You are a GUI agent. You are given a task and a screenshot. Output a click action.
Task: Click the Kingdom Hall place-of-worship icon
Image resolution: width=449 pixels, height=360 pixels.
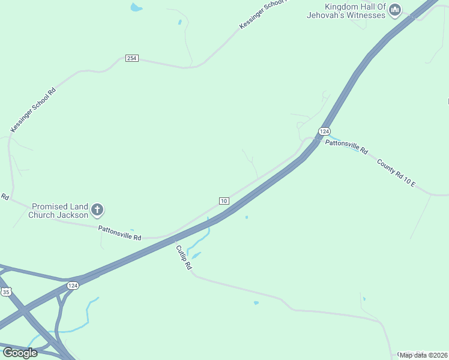[395, 10]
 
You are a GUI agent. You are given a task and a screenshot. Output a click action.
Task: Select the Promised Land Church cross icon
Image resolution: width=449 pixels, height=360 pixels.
[97, 211]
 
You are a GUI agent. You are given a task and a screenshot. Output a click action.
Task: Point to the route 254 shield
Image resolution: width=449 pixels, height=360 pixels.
[132, 58]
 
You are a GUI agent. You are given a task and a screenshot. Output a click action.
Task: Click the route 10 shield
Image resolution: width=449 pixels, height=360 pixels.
[224, 200]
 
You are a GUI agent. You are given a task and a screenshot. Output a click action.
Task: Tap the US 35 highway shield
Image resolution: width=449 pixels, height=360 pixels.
[6, 291]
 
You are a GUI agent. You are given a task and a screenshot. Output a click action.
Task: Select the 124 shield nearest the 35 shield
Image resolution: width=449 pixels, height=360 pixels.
[73, 285]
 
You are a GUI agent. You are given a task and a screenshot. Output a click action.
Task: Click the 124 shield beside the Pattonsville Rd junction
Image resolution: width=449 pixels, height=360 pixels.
[324, 131]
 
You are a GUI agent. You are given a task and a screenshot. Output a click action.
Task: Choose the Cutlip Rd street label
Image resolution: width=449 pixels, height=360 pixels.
[184, 256]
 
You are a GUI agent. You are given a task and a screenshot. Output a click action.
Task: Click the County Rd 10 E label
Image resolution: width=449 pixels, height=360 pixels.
[396, 172]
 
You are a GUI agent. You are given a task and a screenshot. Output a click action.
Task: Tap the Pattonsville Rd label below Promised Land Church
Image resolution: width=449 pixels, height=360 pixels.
[120, 233]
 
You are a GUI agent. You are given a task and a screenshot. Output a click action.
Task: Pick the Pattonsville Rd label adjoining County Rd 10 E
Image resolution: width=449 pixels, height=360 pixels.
[346, 146]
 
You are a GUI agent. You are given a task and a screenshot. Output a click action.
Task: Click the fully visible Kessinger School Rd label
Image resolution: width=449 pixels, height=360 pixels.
[33, 109]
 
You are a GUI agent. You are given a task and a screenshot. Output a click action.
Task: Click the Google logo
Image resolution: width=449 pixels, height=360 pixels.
[20, 353]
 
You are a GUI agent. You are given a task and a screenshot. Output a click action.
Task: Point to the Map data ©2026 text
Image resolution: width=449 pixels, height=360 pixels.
[423, 355]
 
